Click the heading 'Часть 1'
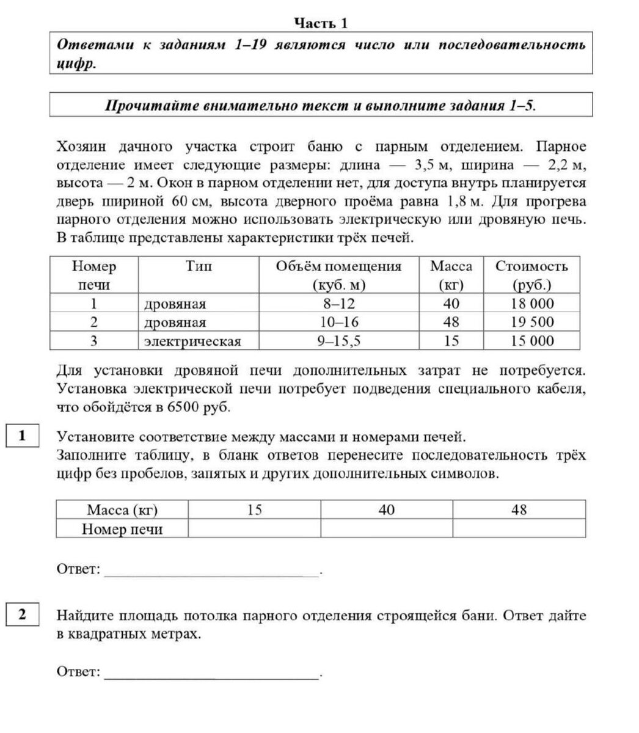tap(320, 23)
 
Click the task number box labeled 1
tap(22, 436)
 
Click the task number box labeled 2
tap(22, 614)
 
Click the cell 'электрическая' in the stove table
tap(192, 341)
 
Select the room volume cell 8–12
tap(338, 304)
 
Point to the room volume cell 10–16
tap(338, 322)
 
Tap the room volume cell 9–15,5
tap(338, 341)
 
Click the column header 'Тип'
tap(198, 266)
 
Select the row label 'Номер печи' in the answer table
tap(122, 529)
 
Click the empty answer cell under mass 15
tap(254, 529)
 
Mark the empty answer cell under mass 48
tap(519, 529)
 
